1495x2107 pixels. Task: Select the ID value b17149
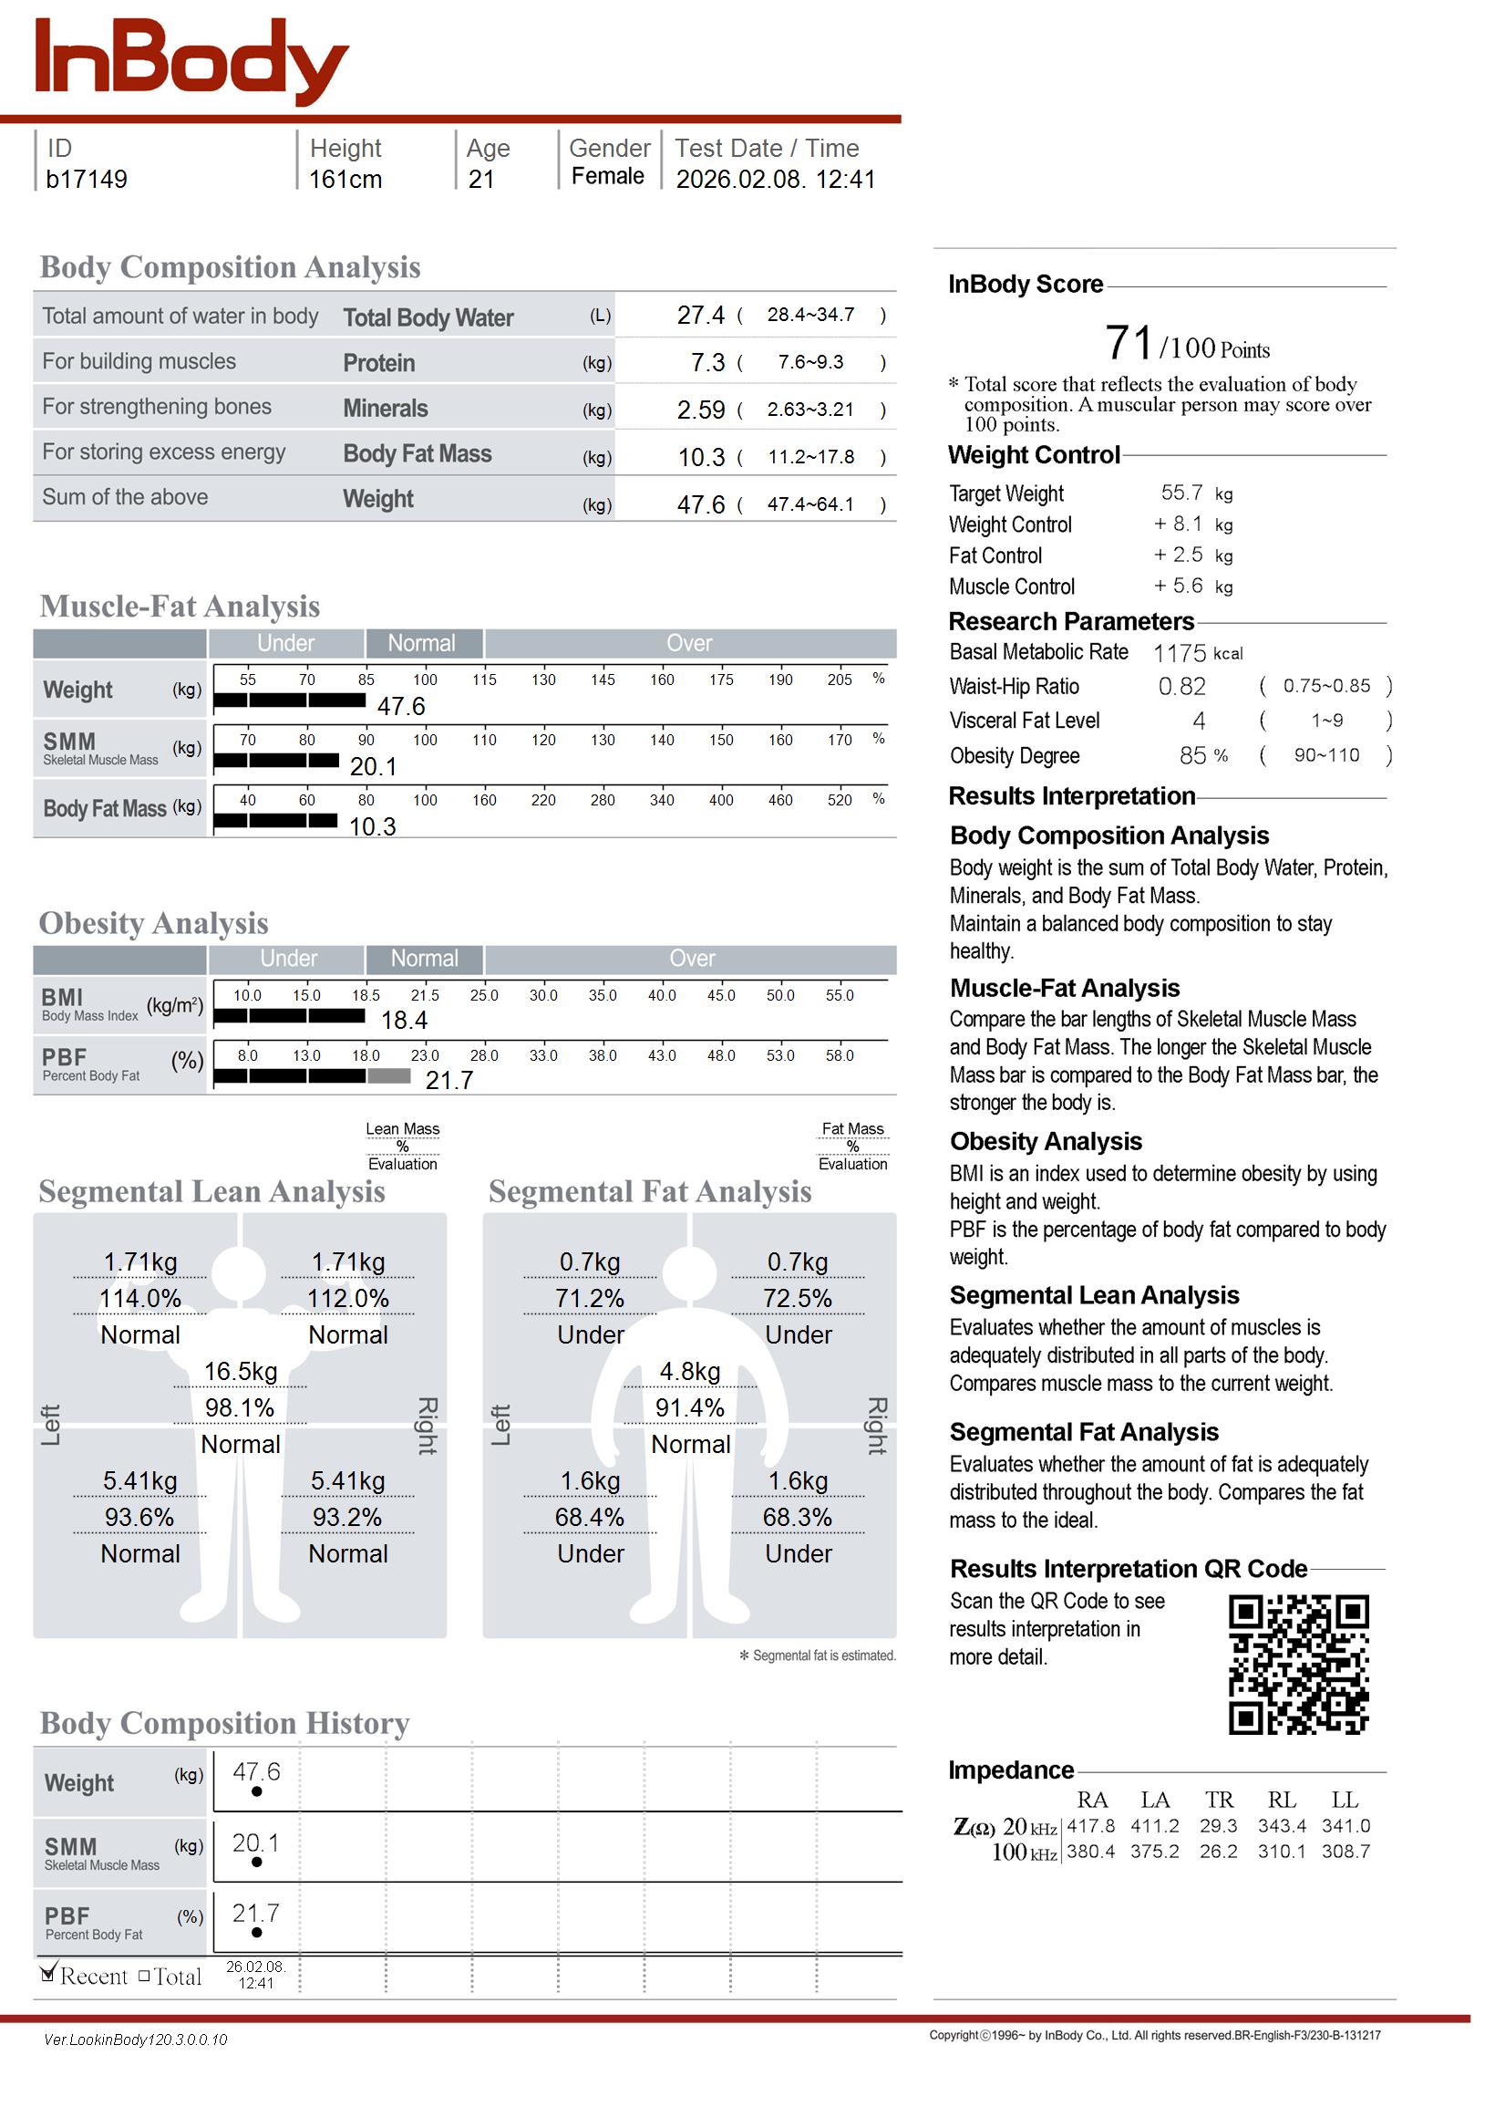tap(87, 180)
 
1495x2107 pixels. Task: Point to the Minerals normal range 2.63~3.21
tap(810, 410)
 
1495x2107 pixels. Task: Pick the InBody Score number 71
tap(1128, 344)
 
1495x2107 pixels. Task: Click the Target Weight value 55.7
tap(1181, 493)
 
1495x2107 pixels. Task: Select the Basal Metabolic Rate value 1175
tap(1180, 654)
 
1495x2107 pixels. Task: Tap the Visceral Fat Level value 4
tap(1199, 721)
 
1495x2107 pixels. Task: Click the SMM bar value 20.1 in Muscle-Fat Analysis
tap(373, 767)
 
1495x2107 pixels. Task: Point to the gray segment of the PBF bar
tap(388, 1075)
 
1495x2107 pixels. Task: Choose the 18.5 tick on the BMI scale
tap(366, 995)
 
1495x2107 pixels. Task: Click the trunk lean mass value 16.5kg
tap(241, 1372)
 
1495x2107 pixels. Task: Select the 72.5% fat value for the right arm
tap(798, 1300)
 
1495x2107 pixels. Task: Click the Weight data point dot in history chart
tap(257, 1791)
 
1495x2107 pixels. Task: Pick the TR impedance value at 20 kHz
tap(1218, 1825)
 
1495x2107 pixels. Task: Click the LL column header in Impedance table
tap(1344, 1800)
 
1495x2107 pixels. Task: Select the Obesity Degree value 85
tap(1192, 756)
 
